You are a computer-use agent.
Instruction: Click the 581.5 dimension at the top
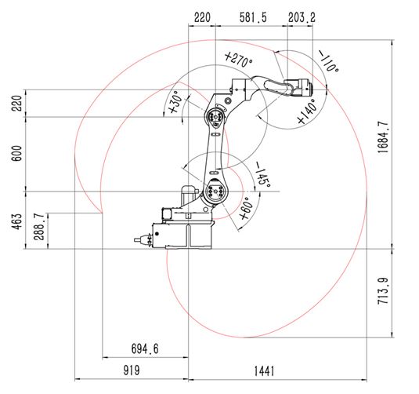click(x=252, y=16)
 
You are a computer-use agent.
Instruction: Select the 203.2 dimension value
click(x=302, y=16)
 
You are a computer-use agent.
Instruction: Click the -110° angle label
click(x=328, y=63)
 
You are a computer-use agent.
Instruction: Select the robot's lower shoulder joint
click(x=215, y=189)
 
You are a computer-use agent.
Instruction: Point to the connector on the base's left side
click(x=143, y=239)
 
